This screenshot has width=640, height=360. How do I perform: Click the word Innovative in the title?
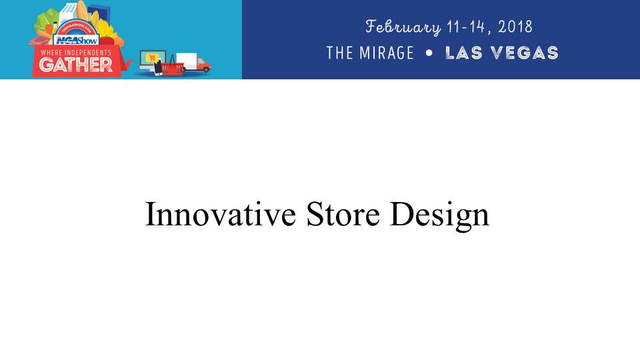[x=221, y=214]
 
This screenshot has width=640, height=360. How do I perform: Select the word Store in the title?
[x=343, y=214]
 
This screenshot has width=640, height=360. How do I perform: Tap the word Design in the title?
[x=439, y=216]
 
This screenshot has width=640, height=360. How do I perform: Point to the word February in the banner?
[x=403, y=27]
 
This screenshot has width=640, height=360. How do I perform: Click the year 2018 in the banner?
[x=515, y=27]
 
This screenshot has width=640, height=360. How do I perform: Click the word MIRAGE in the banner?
[x=387, y=53]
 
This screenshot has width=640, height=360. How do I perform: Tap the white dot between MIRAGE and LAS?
[x=429, y=53]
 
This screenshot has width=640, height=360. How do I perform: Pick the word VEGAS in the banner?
[x=525, y=53]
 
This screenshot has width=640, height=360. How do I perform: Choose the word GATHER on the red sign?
[x=75, y=65]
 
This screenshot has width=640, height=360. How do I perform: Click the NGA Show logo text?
[x=76, y=40]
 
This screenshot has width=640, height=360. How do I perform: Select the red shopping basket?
[x=172, y=66]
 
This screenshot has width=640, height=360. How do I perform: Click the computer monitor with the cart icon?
[x=152, y=59]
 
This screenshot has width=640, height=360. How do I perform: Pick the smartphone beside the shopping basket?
[x=157, y=68]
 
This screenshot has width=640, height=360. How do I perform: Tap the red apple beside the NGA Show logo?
[x=107, y=41]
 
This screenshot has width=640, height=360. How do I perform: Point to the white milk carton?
[x=67, y=13]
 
